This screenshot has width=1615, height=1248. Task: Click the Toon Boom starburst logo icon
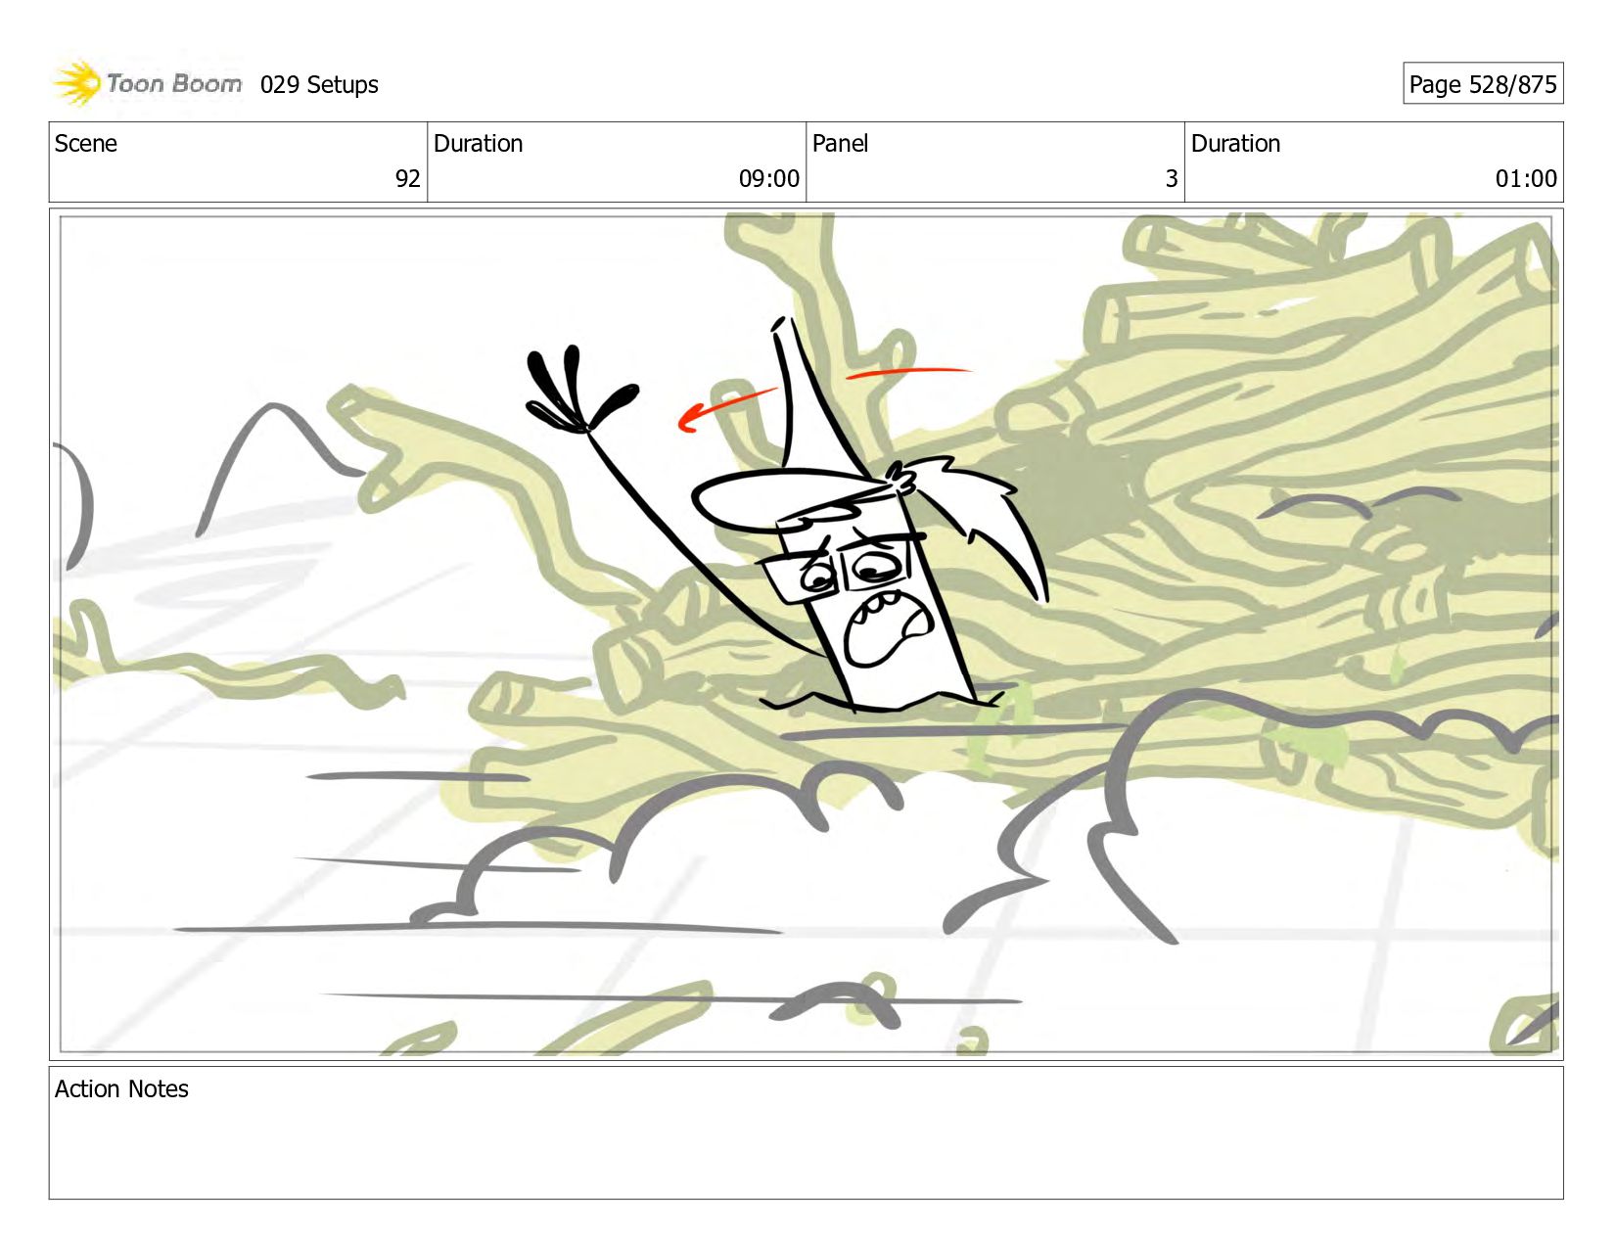click(77, 82)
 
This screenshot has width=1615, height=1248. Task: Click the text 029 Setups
click(319, 85)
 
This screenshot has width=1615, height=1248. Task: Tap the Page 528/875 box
click(1483, 83)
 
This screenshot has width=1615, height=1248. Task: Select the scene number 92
click(407, 178)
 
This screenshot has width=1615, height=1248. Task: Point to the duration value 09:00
click(768, 178)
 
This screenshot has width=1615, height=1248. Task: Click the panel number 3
click(1172, 178)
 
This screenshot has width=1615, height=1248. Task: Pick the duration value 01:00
click(1526, 178)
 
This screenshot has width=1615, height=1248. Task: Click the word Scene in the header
click(85, 143)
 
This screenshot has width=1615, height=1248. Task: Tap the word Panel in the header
click(840, 143)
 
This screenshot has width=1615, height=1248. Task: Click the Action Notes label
click(121, 1088)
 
